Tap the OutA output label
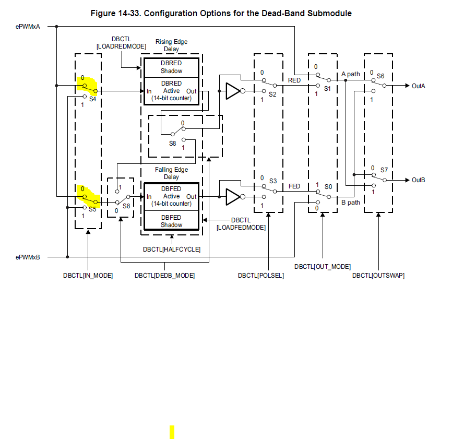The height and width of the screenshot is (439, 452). [x=418, y=86]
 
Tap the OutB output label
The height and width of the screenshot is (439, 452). [x=418, y=180]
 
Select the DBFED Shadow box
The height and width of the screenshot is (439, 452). [x=171, y=221]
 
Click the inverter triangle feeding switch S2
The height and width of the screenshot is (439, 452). [x=232, y=91]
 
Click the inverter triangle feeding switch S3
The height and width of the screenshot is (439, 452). [x=232, y=197]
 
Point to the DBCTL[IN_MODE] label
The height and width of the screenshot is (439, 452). [x=88, y=275]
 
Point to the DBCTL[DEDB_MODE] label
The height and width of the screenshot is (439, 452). [x=164, y=275]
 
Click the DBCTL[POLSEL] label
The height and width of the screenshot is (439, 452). [x=261, y=275]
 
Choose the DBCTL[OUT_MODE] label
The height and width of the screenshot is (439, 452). [x=322, y=267]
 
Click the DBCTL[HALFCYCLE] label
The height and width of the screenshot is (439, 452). [x=171, y=250]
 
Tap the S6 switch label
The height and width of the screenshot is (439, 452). [x=380, y=76]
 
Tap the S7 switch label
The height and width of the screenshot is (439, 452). [x=384, y=170]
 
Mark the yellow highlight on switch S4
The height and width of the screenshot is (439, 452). [x=87, y=85]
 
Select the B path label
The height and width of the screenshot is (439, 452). [x=350, y=203]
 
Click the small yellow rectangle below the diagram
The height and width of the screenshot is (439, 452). [x=172, y=432]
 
